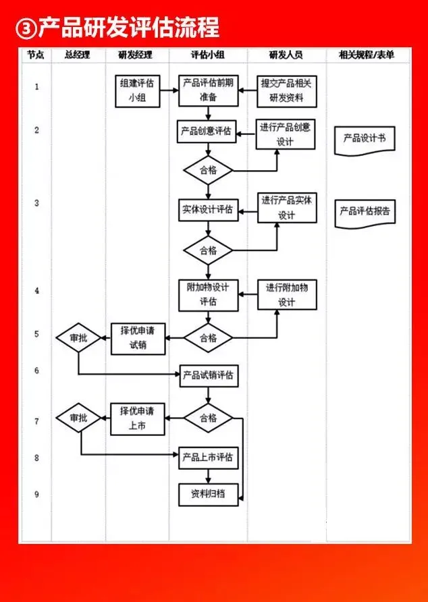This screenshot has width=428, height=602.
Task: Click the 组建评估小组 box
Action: [x=138, y=91]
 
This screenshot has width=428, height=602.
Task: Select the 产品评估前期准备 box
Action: [x=209, y=90]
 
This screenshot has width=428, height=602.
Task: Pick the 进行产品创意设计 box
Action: [x=286, y=134]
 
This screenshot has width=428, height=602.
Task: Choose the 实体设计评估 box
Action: [x=207, y=211]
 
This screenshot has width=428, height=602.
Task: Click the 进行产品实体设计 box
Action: [x=287, y=209]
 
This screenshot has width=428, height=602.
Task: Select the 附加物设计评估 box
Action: [x=208, y=295]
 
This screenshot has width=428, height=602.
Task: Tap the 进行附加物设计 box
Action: [x=286, y=295]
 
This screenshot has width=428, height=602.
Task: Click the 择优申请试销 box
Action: [x=138, y=338]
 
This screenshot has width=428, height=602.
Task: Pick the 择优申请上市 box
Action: [x=138, y=419]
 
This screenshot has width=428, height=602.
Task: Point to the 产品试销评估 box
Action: [x=208, y=376]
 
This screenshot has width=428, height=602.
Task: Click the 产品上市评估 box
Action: [x=208, y=458]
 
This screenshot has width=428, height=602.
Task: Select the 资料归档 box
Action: [x=208, y=495]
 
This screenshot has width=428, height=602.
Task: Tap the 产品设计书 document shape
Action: [x=365, y=140]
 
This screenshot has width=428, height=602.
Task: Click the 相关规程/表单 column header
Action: [x=367, y=55]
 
